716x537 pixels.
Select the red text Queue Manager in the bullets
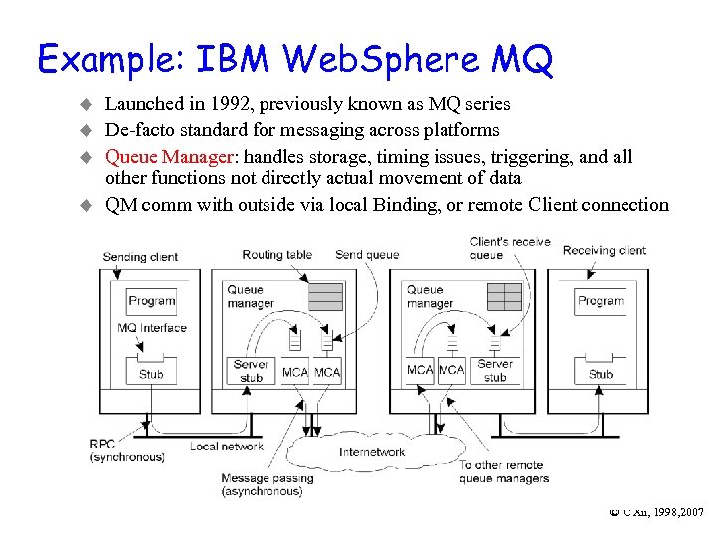tap(169, 156)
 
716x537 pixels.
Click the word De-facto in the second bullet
tap(136, 130)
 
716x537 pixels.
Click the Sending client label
tap(140, 257)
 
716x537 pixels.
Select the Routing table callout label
tap(276, 255)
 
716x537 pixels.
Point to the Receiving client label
tap(604, 250)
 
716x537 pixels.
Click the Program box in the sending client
tap(151, 301)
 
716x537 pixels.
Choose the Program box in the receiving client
tap(601, 301)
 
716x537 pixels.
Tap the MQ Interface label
tap(151, 328)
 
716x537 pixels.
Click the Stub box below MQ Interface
tap(151, 373)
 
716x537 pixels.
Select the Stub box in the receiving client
tap(601, 373)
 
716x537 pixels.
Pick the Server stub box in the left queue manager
tap(252, 371)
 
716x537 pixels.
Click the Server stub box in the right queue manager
tap(495, 371)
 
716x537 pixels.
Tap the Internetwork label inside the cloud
tap(372, 452)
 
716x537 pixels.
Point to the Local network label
tap(226, 447)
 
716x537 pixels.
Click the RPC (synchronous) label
tap(127, 450)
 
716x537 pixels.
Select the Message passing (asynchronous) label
tap(267, 485)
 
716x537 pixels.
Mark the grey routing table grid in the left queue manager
tap(324, 296)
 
